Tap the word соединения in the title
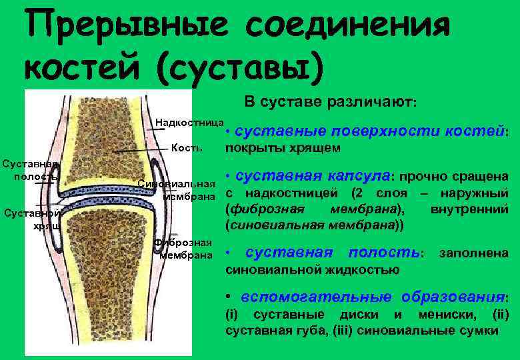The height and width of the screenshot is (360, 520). click(x=347, y=27)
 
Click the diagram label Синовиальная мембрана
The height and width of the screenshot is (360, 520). click(x=176, y=191)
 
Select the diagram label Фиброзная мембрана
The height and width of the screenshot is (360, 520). click(x=183, y=249)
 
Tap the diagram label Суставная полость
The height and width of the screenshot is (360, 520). click(x=30, y=170)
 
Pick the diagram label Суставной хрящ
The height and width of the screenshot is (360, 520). click(x=32, y=219)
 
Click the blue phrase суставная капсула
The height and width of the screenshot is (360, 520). click(x=313, y=177)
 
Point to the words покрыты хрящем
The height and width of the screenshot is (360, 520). click(x=283, y=147)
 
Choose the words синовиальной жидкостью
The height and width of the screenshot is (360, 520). click(x=313, y=270)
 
